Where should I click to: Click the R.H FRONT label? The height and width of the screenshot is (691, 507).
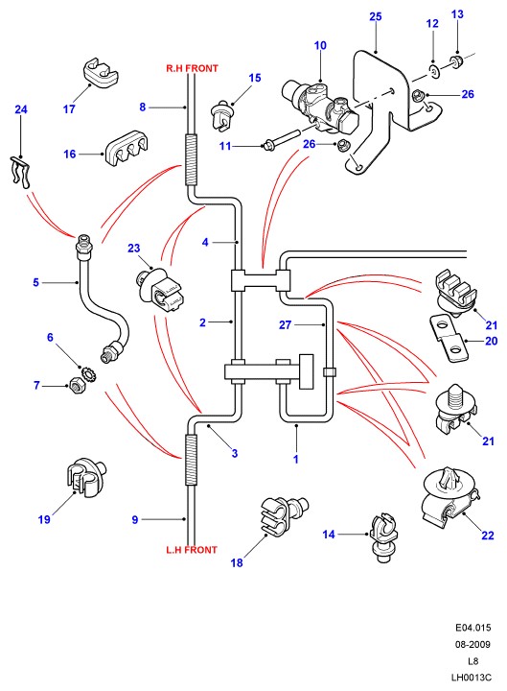point(192,69)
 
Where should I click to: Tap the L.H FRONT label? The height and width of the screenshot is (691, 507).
point(192,550)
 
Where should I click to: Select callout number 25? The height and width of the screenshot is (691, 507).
point(376,16)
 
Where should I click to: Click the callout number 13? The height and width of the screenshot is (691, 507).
point(457,14)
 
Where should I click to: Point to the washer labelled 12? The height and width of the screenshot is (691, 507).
point(434,70)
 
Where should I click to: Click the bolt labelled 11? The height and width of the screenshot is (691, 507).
point(282,138)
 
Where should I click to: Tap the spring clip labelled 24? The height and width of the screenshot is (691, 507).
point(21,173)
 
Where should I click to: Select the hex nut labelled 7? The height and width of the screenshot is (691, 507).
point(77,386)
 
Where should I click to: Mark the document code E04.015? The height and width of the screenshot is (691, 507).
point(472,628)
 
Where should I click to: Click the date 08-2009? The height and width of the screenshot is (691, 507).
point(472,644)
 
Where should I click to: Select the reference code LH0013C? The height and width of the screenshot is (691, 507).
point(472,678)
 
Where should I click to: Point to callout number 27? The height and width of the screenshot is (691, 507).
point(286,324)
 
